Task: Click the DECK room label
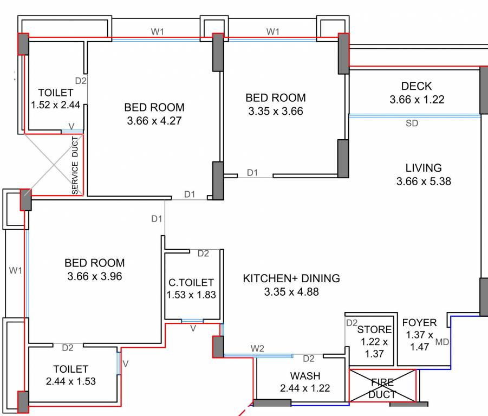pyautogui.click(x=417, y=86)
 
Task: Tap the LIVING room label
pyautogui.click(x=423, y=168)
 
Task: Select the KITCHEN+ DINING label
pyautogui.click(x=291, y=278)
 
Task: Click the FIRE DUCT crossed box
pyautogui.click(x=382, y=386)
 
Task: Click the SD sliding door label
pyautogui.click(x=412, y=123)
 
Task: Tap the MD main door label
pyautogui.click(x=442, y=342)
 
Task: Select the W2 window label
pyautogui.click(x=257, y=348)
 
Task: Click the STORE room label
pyautogui.click(x=374, y=329)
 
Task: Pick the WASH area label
pyautogui.click(x=305, y=376)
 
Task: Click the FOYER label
pyautogui.click(x=419, y=323)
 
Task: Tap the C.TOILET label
pyautogui.click(x=191, y=283)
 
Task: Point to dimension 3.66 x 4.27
pyautogui.click(x=154, y=121)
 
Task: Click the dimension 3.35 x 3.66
pyautogui.click(x=276, y=111)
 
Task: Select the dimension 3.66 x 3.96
pyautogui.click(x=95, y=276)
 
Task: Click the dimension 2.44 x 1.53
pyautogui.click(x=70, y=381)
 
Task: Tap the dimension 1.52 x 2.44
pyautogui.click(x=56, y=105)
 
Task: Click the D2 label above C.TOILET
pyautogui.click(x=203, y=253)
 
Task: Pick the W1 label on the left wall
pyautogui.click(x=16, y=270)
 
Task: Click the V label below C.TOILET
pyautogui.click(x=193, y=328)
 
